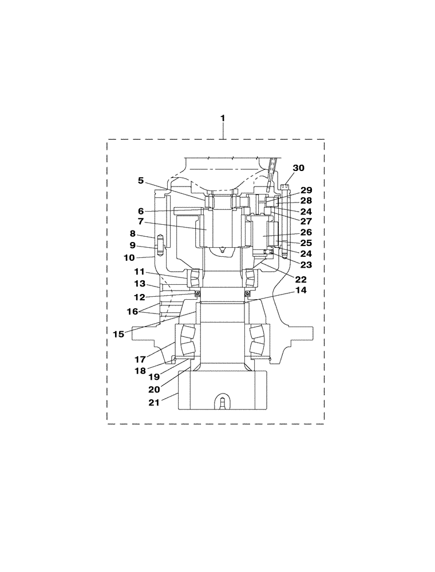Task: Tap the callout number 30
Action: (299, 168)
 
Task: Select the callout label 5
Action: (141, 180)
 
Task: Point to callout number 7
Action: (141, 221)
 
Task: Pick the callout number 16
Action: (133, 311)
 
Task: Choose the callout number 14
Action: (301, 290)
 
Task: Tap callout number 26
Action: (306, 232)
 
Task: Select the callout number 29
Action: (306, 190)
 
